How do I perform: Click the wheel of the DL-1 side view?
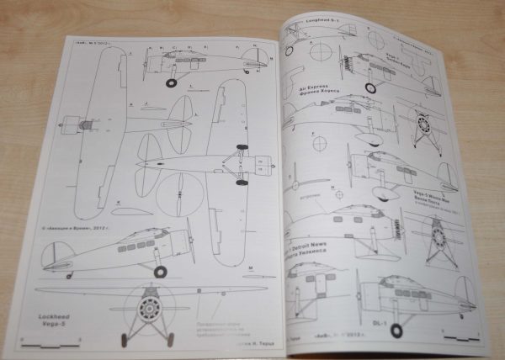396,330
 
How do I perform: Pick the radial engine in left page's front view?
150,304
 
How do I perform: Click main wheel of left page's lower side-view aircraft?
161,272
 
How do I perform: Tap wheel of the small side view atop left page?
173,82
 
